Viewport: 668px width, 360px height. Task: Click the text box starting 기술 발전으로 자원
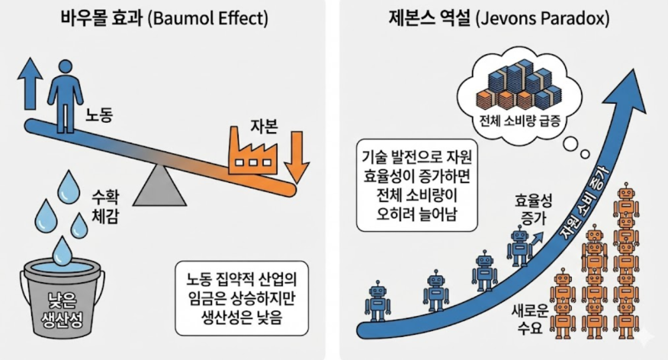416,186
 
